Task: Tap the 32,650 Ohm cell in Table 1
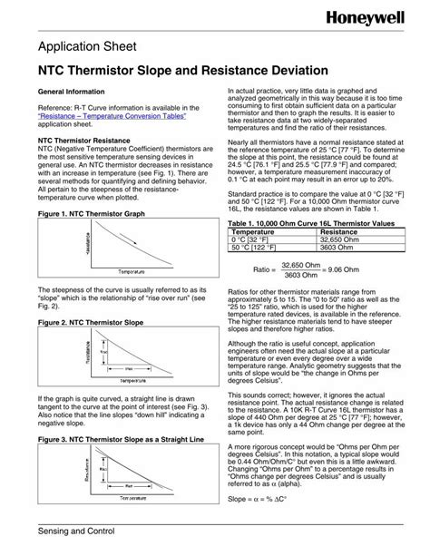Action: (x=339, y=239)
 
